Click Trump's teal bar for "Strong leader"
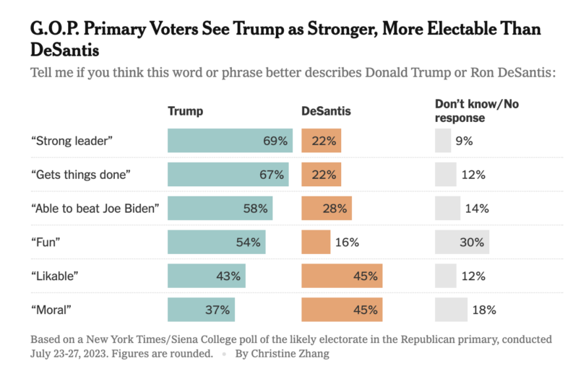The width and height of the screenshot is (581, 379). (230, 141)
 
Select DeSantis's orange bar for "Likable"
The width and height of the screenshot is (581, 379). (342, 276)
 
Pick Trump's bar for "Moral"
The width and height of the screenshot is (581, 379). (201, 310)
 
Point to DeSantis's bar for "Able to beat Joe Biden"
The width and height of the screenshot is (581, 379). (327, 209)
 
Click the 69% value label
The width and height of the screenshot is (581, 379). (275, 141)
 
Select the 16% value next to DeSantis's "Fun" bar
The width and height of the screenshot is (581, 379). (347, 243)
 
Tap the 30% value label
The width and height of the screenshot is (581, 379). (471, 243)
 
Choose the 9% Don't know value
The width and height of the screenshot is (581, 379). (464, 141)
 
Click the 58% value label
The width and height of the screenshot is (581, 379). (256, 209)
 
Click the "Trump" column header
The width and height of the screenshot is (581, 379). (185, 111)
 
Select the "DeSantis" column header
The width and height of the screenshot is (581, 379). (326, 111)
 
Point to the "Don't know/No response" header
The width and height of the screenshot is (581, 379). (476, 110)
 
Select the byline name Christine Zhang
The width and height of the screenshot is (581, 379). (292, 354)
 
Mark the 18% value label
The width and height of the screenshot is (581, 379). (484, 310)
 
